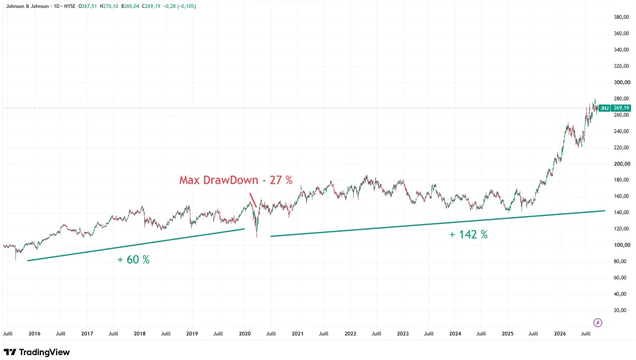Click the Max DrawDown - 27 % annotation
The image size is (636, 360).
tap(236, 180)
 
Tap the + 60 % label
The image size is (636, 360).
tap(134, 260)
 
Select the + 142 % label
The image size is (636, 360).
tap(469, 234)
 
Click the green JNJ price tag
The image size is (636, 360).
tap(605, 108)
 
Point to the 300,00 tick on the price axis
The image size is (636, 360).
tap(621, 82)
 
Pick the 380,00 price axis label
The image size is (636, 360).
tap(621, 17)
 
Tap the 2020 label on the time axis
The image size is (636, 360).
tap(245, 334)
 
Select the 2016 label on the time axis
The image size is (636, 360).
tap(34, 334)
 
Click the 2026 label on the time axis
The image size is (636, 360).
tap(560, 334)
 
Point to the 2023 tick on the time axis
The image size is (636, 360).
tap(402, 334)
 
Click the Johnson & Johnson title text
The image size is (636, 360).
tap(27, 6)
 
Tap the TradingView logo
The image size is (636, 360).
tap(37, 352)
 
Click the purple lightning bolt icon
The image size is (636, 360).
tap(598, 323)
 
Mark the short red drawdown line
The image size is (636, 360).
tap(253, 200)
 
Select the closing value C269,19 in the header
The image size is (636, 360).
tap(151, 6)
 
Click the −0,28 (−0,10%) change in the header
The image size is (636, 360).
tap(180, 6)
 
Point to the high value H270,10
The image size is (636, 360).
tap(109, 6)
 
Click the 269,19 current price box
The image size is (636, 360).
tap(621, 108)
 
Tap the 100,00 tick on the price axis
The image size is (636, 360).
tap(621, 245)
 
